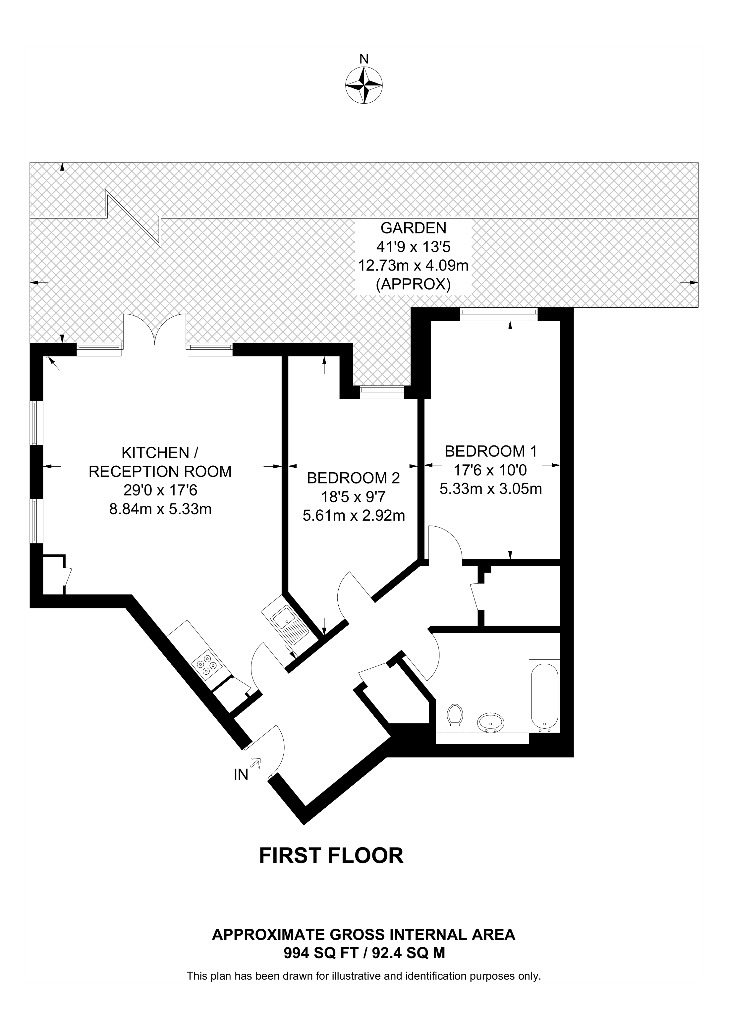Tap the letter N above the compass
pyautogui.click(x=364, y=59)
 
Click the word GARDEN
pyautogui.click(x=413, y=228)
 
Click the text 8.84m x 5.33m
pyautogui.click(x=160, y=509)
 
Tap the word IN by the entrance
pyautogui.click(x=241, y=775)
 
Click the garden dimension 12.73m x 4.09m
pyautogui.click(x=413, y=266)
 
